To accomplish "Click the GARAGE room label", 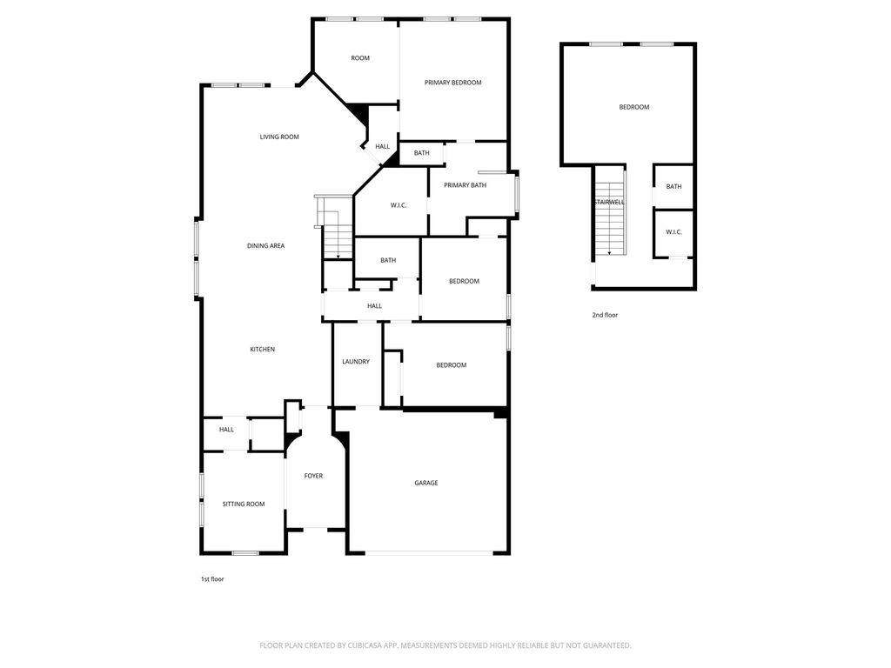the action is click(426, 483).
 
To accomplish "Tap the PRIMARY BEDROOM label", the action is click(452, 83).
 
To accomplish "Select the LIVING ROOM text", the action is click(279, 137).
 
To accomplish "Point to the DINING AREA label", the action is click(265, 246).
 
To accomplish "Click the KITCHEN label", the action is click(263, 350).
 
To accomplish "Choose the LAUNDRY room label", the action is click(356, 361).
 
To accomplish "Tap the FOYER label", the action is click(313, 476).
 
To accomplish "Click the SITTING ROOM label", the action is click(244, 504).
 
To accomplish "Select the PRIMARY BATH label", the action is click(465, 185).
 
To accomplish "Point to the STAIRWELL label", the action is click(610, 202).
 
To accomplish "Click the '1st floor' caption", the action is click(212, 579).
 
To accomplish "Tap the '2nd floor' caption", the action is click(605, 315).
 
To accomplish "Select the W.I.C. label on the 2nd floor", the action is click(673, 231).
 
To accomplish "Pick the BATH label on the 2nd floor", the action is click(673, 186).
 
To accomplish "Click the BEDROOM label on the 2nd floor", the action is click(634, 107).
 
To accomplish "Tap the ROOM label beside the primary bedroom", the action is click(360, 58).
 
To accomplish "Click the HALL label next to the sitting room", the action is click(226, 430).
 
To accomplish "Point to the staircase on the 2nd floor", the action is click(610, 219).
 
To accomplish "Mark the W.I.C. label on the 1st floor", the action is click(399, 205).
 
